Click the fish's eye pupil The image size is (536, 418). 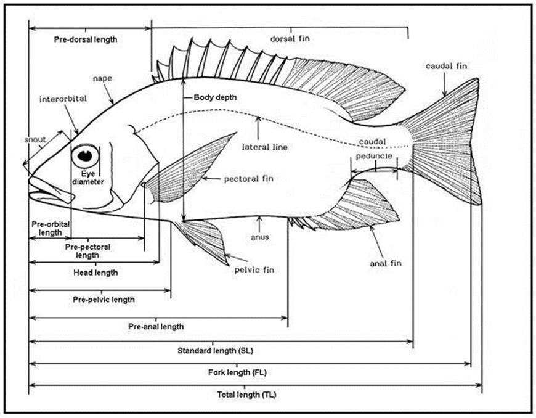[84, 155]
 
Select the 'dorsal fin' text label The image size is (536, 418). [290, 38]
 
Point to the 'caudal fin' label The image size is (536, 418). [443, 66]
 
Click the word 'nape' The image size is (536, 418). [102, 78]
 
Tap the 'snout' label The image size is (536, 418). [36, 139]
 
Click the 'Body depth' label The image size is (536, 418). [215, 97]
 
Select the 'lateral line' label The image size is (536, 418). [265, 147]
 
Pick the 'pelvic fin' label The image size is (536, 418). [254, 269]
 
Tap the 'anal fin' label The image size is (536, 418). [386, 263]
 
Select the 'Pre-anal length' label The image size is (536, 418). [156, 326]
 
